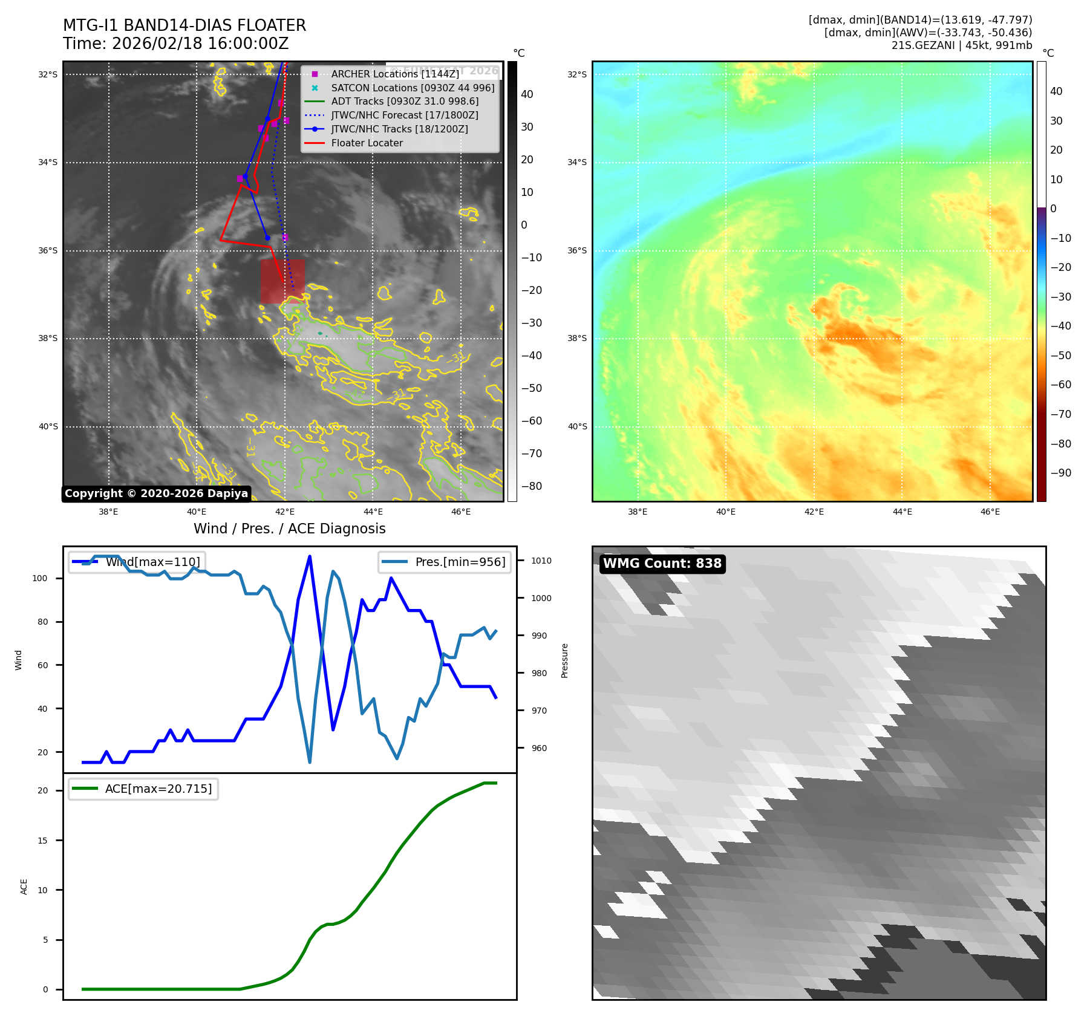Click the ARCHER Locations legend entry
395,74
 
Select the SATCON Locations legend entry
413,88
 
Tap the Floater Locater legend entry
367,143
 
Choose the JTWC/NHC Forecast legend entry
404,115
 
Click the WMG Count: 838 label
662,564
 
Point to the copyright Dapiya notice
156,493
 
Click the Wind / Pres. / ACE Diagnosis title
289,529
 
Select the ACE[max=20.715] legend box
143,789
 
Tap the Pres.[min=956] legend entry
445,562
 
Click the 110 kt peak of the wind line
310,556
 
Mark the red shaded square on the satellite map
282,281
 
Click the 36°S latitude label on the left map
48,250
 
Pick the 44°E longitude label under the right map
902,512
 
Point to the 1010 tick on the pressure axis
541,561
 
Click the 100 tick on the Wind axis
40,578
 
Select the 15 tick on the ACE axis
42,841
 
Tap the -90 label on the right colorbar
1060,473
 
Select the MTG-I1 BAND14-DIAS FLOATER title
184,25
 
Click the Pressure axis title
564,660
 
